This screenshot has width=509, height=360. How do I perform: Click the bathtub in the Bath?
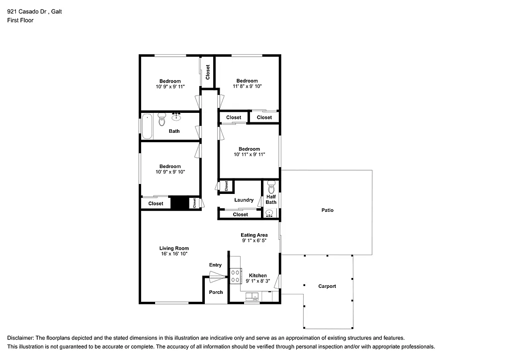tap(147, 127)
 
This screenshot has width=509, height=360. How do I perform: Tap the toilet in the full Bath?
tap(162, 119)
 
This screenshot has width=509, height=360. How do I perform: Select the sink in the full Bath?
tap(176, 117)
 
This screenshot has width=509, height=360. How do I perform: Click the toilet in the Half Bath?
tap(271, 188)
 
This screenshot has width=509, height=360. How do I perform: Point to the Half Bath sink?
tap(269, 214)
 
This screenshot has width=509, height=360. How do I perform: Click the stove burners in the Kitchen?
tap(235, 276)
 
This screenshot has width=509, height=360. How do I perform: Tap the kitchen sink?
tap(252, 297)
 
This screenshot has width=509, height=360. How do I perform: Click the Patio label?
tap(327, 210)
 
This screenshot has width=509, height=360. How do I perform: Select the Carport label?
tap(327, 286)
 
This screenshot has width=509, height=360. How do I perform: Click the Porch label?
tap(216, 292)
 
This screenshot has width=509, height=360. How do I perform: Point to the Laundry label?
tap(244, 200)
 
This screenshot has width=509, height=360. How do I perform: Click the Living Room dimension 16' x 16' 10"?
tap(174, 254)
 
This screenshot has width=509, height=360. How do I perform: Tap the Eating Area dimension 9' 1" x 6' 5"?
tap(255, 241)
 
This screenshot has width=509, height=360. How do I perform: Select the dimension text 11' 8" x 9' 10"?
tap(247, 86)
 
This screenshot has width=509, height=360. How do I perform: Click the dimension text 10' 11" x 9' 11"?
tap(249, 155)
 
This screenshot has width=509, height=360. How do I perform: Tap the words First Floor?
tap(20, 20)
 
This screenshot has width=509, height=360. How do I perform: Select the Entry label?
tap(215, 265)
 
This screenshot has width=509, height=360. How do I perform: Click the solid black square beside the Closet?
tap(177, 203)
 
